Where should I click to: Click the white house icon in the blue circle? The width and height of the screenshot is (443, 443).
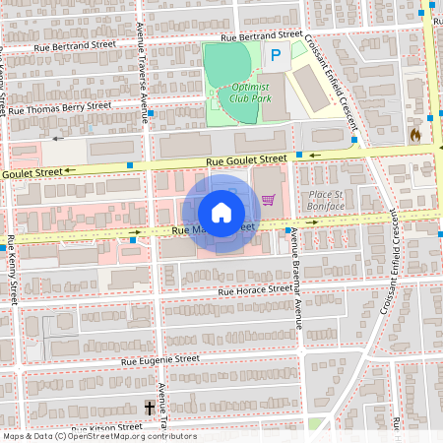pyautogui.click(x=221, y=213)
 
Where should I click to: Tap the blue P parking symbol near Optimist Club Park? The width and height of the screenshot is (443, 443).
pyautogui.click(x=276, y=57)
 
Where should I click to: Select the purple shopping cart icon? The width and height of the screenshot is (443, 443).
pyautogui.click(x=268, y=200)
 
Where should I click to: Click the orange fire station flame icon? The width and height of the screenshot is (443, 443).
pyautogui.click(x=415, y=135)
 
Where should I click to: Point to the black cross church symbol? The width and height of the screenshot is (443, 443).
pyautogui.click(x=151, y=407)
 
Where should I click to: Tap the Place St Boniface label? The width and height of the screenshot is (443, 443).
pyautogui.click(x=324, y=201)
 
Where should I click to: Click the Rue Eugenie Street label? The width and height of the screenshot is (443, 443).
pyautogui.click(x=159, y=360)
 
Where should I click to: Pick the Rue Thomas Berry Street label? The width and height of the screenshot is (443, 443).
pyautogui.click(x=60, y=107)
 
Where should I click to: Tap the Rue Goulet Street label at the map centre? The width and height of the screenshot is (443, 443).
pyautogui.click(x=246, y=158)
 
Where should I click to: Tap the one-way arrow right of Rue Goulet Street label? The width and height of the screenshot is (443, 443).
pyautogui.click(x=314, y=155)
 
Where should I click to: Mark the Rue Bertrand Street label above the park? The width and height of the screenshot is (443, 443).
pyautogui.click(x=262, y=35)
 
